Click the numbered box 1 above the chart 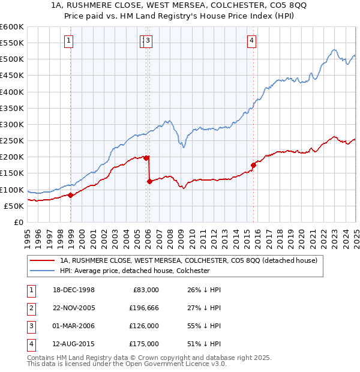(70, 41)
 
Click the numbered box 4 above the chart (252, 41)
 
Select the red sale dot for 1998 (71, 194)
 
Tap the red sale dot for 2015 (253, 164)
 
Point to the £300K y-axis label (12, 124)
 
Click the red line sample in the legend (42, 260)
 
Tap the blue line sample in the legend (42, 271)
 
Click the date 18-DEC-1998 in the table (73, 290)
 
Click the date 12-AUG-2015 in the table (73, 344)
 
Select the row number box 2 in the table (31, 308)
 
